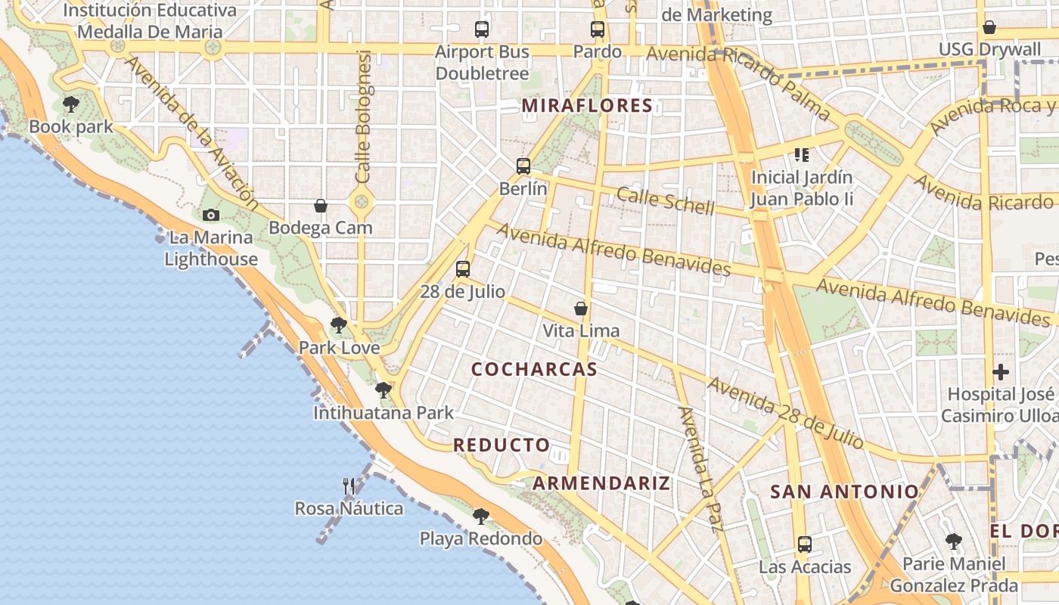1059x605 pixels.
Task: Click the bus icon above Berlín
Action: [x=523, y=166]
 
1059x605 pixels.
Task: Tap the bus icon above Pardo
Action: [x=598, y=29]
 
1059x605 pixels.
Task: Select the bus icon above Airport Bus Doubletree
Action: [x=482, y=29]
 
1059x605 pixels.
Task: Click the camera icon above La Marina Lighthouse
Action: [x=211, y=215]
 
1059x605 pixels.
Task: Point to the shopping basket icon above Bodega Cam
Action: [x=321, y=205]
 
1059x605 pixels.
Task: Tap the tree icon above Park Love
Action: [x=339, y=325]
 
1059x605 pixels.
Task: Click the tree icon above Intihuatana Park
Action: [x=384, y=390]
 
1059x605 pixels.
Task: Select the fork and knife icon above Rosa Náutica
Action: [x=349, y=486]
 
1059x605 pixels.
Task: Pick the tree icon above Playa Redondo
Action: [x=480, y=517]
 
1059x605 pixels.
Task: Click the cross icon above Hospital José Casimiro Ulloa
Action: [x=1001, y=372]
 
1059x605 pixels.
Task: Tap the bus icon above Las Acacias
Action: [x=804, y=544]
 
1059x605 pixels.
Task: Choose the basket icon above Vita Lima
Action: [x=581, y=309]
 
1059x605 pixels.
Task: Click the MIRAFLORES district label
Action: [x=587, y=106]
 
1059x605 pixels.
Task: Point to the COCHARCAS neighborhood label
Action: [x=534, y=370]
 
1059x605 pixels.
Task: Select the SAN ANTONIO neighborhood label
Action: [x=844, y=492]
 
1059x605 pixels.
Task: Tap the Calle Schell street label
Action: [x=665, y=200]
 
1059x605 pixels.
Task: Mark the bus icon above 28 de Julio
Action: [x=463, y=268]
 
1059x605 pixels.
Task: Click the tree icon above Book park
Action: [x=71, y=104]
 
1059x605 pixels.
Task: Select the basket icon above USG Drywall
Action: [x=989, y=28]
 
